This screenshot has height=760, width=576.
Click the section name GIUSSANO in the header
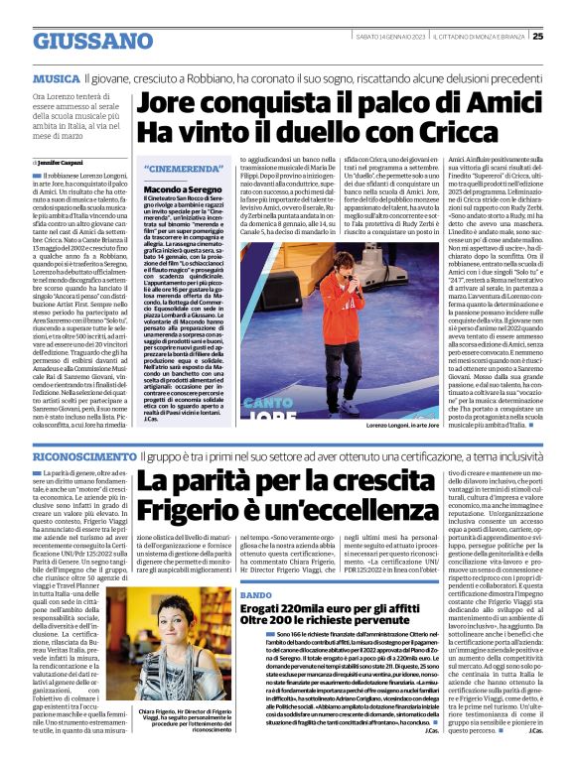pyautogui.click(x=78, y=42)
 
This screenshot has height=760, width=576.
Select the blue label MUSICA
pyautogui.click(x=57, y=76)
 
